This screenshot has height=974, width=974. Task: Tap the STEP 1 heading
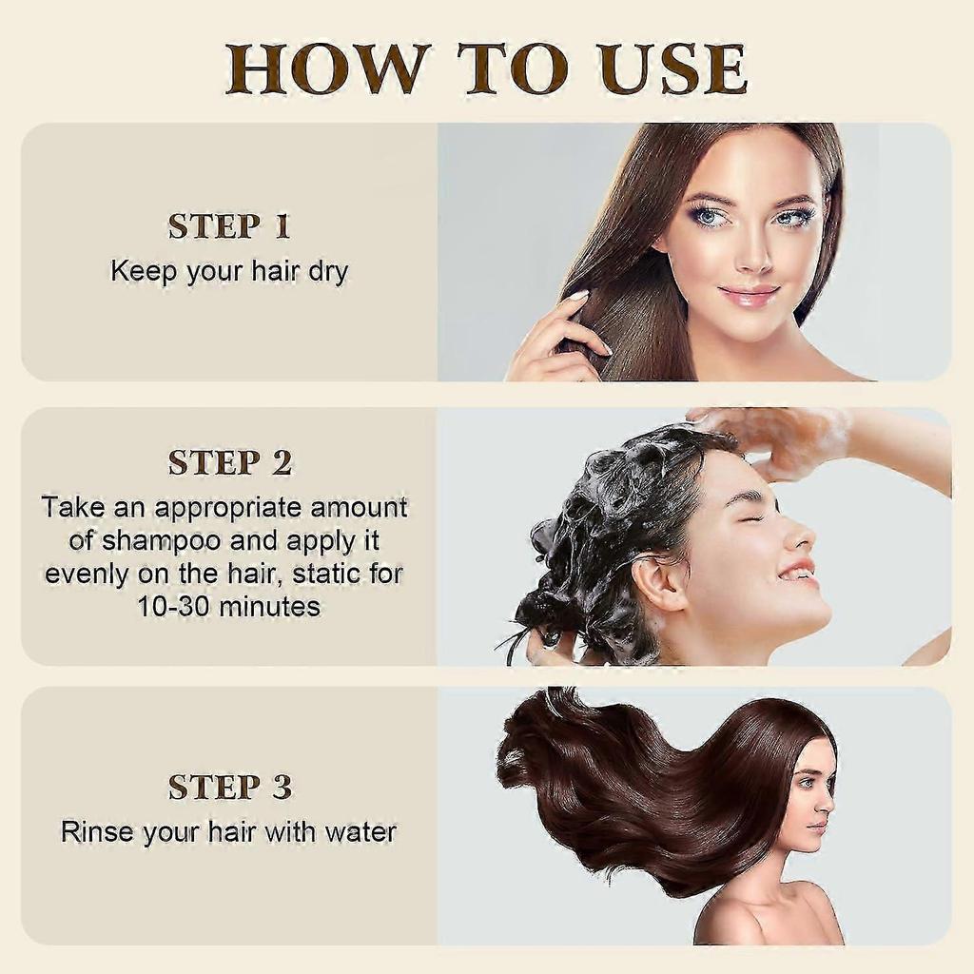(229, 226)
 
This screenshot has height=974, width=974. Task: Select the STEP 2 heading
(229, 462)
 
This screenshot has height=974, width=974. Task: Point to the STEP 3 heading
(229, 787)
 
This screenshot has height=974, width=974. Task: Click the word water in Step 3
(360, 832)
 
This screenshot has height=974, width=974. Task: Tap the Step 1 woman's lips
(749, 294)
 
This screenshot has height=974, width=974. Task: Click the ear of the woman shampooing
(655, 581)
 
